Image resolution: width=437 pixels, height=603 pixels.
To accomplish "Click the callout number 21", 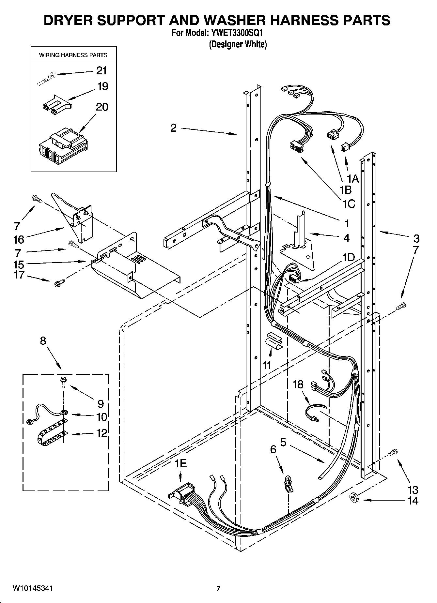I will point(101,71).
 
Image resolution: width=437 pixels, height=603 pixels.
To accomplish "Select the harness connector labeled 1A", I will point(344,148).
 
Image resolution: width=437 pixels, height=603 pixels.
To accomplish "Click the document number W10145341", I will point(33,588).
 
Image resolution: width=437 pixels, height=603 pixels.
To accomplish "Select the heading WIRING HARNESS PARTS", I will point(73,55).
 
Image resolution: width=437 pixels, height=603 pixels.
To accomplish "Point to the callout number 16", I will point(19,239).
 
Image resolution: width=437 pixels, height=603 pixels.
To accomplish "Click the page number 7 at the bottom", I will point(218,589).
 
